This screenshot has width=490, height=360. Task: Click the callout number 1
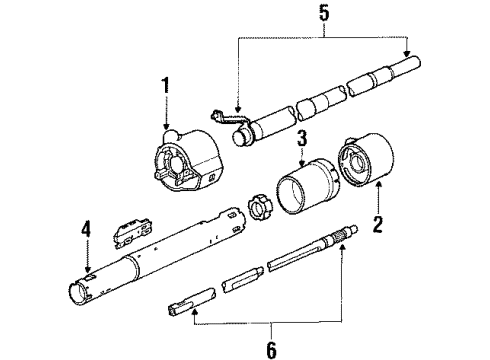[165, 86]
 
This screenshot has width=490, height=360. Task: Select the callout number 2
[378, 224]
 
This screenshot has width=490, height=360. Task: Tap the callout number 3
[302, 138]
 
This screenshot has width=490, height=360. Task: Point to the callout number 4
[86, 230]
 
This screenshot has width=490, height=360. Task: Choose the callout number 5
[324, 13]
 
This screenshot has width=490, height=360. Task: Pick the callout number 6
[272, 350]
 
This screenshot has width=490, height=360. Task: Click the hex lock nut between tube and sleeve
[259, 208]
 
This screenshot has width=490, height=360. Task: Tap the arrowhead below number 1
[166, 126]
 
